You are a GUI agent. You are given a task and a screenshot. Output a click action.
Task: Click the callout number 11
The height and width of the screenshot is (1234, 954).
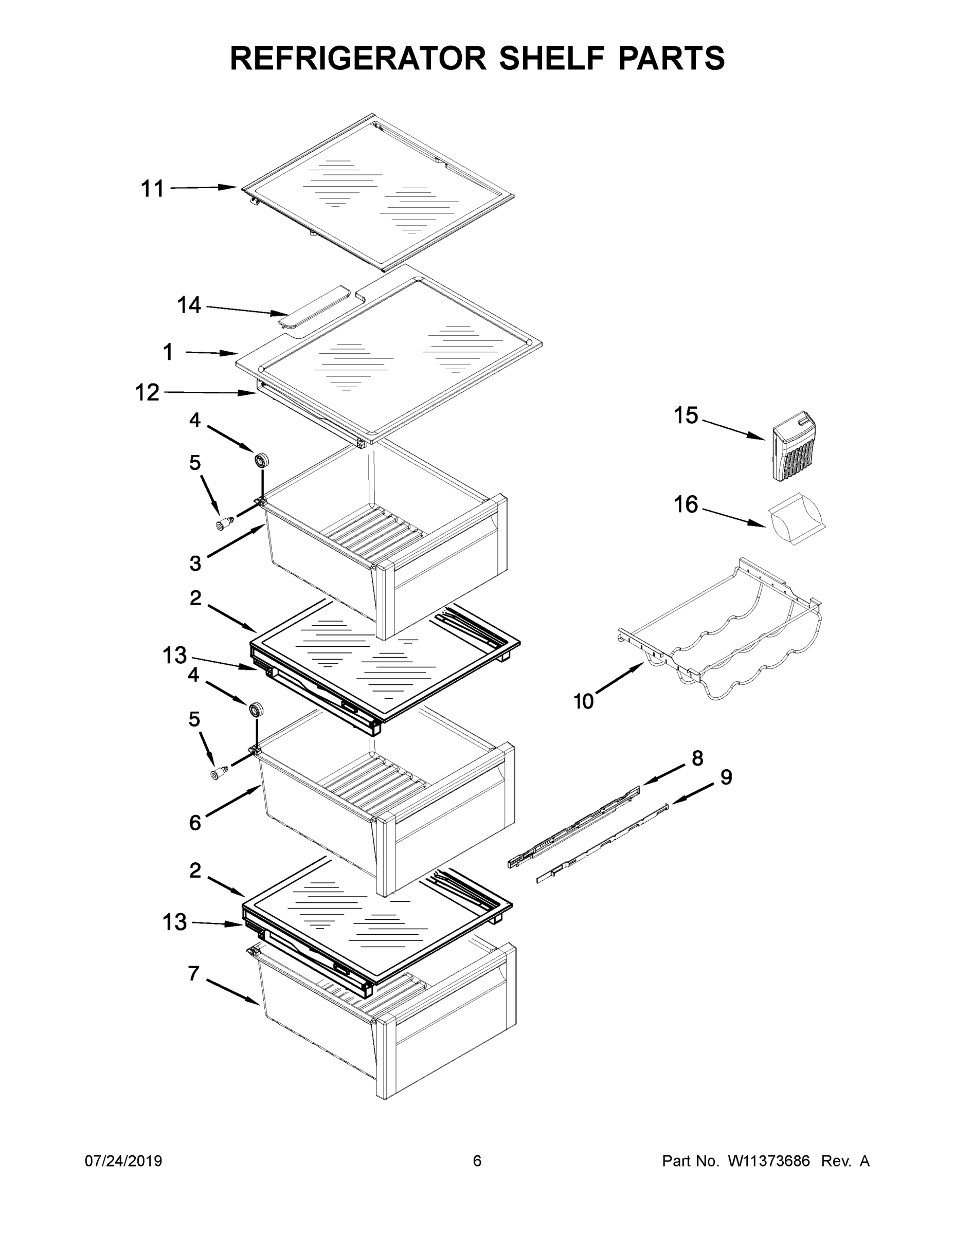[x=152, y=189]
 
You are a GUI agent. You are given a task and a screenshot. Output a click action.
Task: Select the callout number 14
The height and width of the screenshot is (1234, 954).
[x=189, y=306]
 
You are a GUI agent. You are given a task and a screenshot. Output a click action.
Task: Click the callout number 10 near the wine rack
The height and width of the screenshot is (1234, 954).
[x=583, y=702]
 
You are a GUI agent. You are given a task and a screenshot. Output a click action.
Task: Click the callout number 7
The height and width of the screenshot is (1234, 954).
[x=193, y=973]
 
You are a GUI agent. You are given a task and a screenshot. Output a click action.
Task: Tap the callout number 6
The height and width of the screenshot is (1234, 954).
[x=194, y=823]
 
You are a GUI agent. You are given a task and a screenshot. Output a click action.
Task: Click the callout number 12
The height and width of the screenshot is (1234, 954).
[x=147, y=393]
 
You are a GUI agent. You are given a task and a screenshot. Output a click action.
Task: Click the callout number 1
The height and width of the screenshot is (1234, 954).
[x=168, y=353]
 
